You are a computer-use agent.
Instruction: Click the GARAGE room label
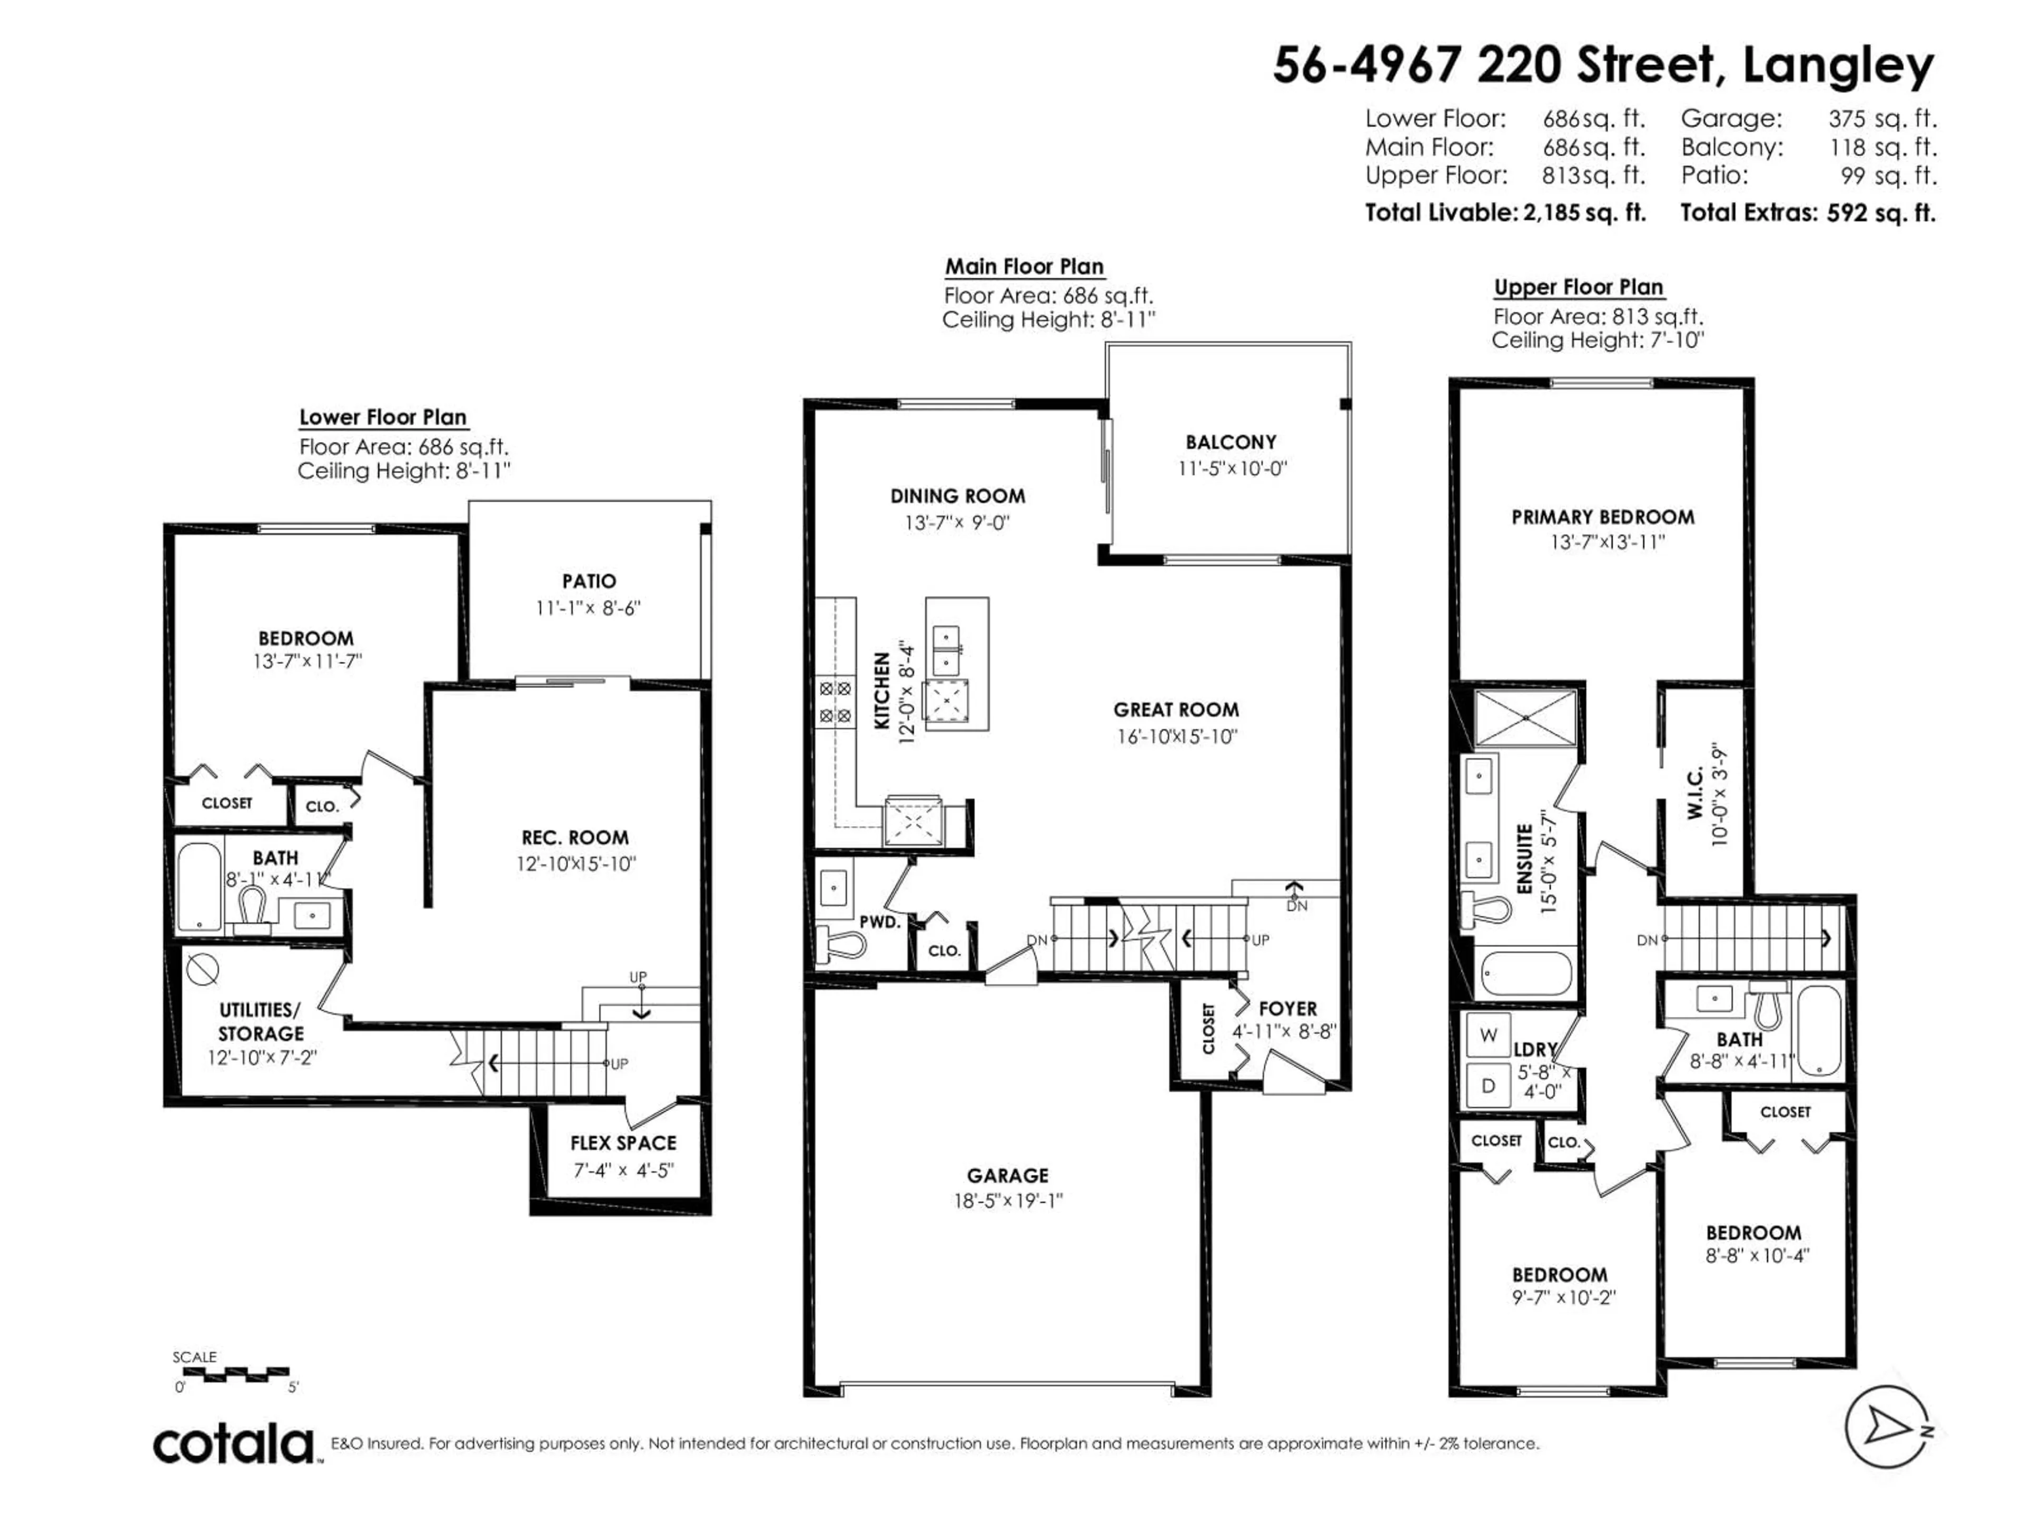pyautogui.click(x=1007, y=1176)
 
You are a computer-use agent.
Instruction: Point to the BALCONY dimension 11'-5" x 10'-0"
pyautogui.click(x=1231, y=469)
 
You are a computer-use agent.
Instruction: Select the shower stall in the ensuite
pyautogui.click(x=1525, y=719)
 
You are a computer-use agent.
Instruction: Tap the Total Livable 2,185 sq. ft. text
pyautogui.click(x=1504, y=213)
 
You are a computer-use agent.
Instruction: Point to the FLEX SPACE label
pyautogui.click(x=623, y=1143)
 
